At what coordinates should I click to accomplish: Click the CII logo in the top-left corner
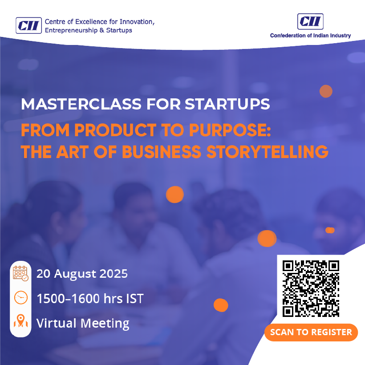[x=28, y=26]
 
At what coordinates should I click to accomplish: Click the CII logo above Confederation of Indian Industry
[x=310, y=21]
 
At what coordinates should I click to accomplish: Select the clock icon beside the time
[x=20, y=297]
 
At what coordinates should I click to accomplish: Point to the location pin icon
[x=20, y=322]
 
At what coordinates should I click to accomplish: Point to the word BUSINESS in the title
[x=161, y=152]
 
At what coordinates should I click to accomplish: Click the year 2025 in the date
[x=114, y=273]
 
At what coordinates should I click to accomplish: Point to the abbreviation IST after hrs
[x=134, y=298]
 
